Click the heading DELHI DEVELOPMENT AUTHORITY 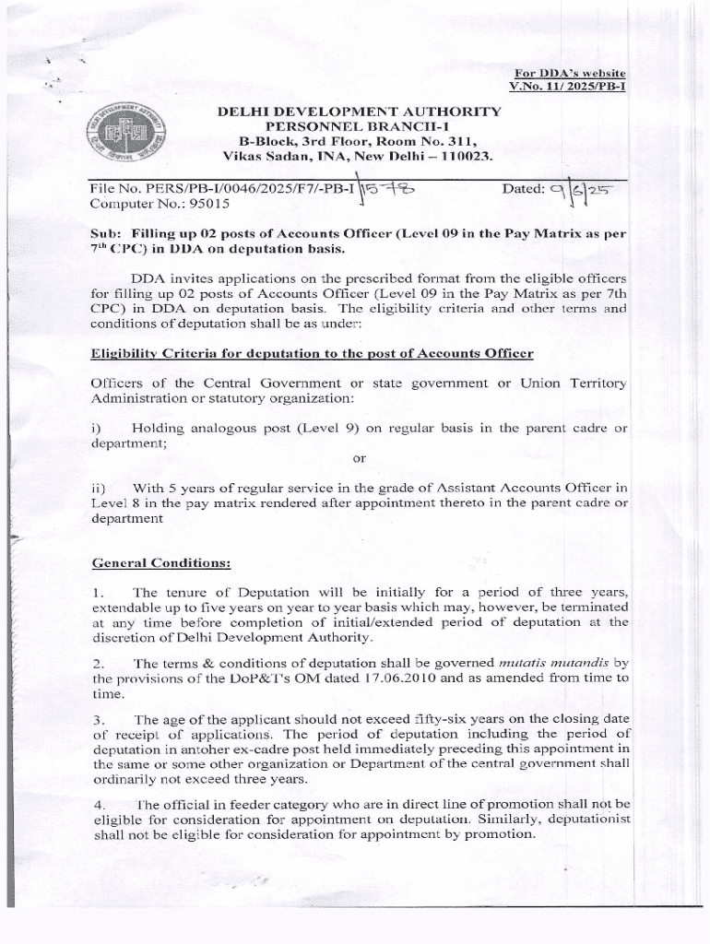(359, 112)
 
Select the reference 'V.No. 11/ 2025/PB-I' (567, 88)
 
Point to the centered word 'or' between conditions (360, 458)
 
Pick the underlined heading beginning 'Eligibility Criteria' (312, 353)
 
